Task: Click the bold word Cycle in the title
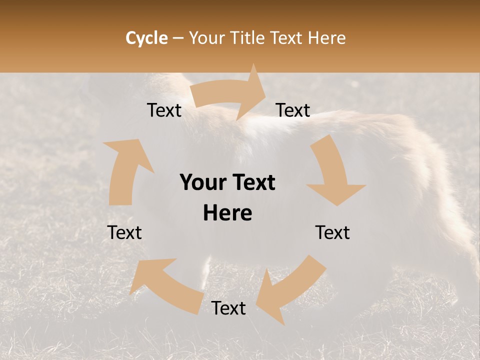(146, 38)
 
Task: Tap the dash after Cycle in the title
(178, 38)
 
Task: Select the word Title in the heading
(247, 38)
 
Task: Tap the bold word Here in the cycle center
(227, 213)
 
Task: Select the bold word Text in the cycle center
(251, 183)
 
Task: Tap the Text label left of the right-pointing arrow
(164, 110)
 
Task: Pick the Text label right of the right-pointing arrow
(293, 110)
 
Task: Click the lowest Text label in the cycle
(228, 308)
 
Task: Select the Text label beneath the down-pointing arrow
(332, 232)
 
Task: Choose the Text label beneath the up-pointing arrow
(124, 232)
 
